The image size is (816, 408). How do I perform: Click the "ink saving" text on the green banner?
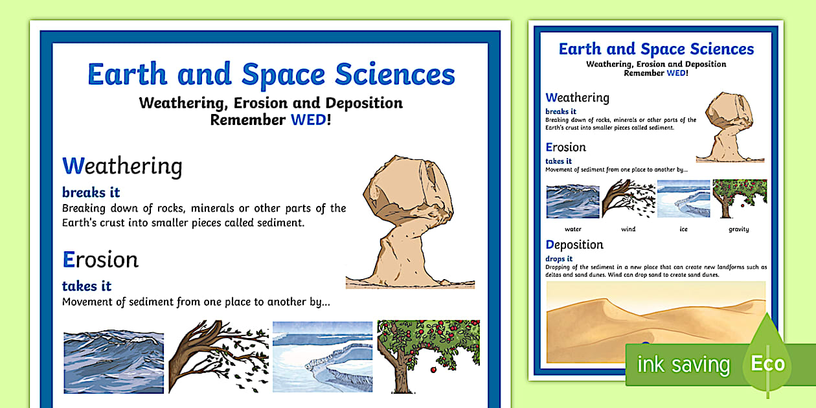coord(683,365)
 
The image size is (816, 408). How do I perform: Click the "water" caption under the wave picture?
coord(572,229)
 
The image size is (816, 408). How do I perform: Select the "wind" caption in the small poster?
coord(628,229)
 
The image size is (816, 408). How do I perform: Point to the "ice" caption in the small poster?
coord(683,229)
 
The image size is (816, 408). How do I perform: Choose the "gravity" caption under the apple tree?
coord(739,229)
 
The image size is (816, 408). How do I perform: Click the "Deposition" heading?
coord(574,245)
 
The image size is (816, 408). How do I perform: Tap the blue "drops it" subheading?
coord(559,258)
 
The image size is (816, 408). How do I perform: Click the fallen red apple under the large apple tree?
coord(433,370)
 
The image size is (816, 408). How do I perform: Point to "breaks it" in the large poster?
coord(91,192)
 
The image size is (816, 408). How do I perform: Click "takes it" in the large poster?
coord(87,286)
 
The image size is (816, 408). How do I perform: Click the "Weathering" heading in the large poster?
coord(122,166)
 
